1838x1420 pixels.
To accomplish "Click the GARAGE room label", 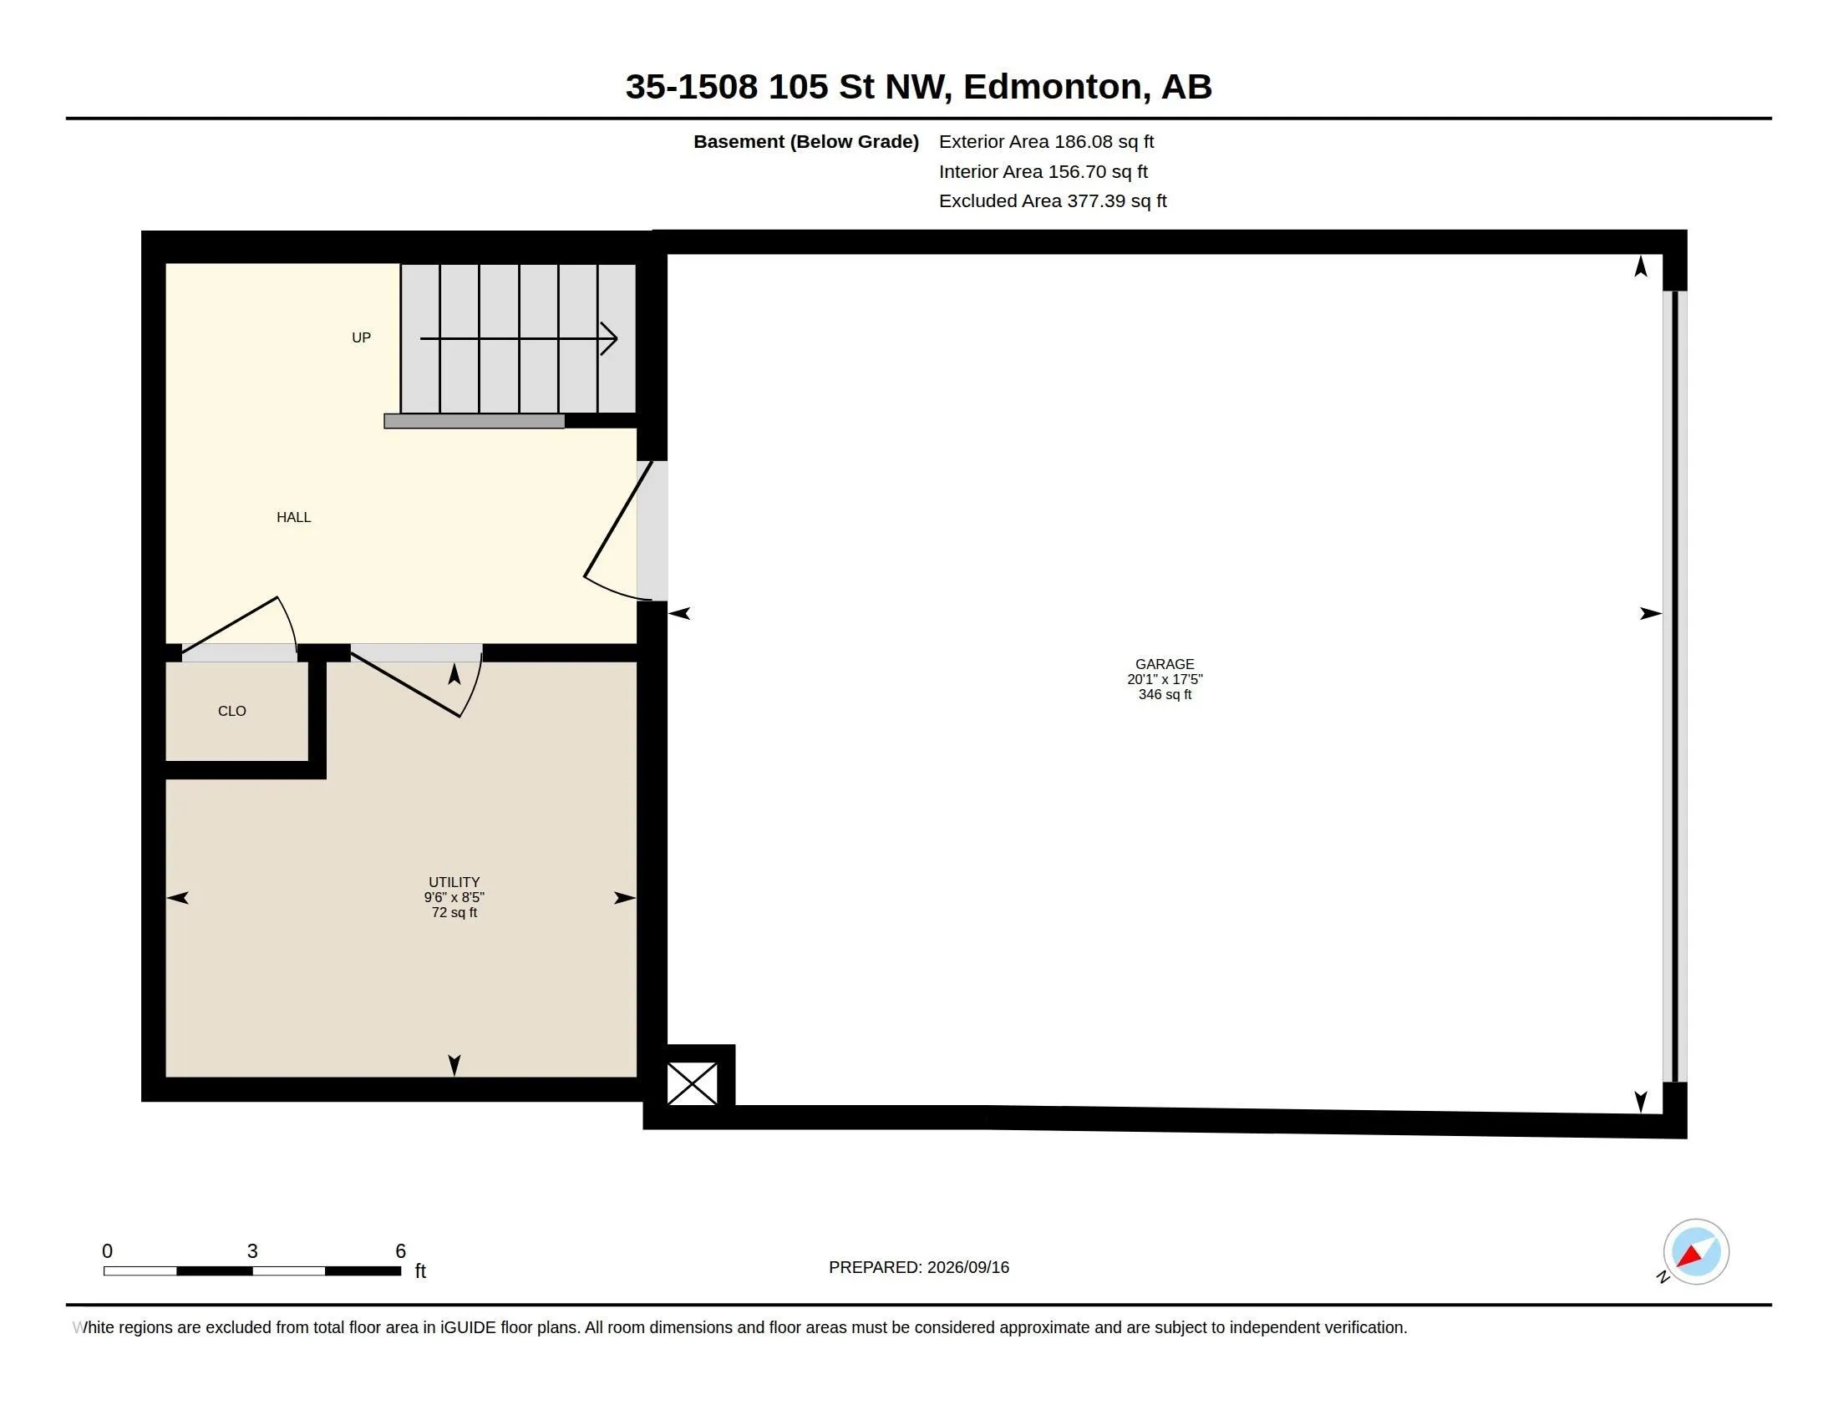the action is [x=1165, y=664].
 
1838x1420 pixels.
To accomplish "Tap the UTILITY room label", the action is [x=454, y=881].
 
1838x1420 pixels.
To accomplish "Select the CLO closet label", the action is [x=232, y=711].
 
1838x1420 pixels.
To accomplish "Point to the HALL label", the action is [x=294, y=517].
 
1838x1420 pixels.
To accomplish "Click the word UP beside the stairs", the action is [x=361, y=337].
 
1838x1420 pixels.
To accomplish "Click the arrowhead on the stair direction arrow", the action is [x=609, y=339].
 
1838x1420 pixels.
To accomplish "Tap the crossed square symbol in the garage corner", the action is [x=692, y=1083].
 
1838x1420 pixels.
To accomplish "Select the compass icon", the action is [x=1696, y=1252].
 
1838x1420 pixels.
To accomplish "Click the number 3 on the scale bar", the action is [x=252, y=1251].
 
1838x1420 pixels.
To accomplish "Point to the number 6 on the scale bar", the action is [x=400, y=1251].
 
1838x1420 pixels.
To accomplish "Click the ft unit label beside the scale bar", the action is [x=421, y=1271].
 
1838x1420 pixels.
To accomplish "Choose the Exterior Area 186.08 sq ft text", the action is [x=1046, y=141].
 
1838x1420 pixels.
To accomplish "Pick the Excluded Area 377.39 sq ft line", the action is [x=1053, y=201].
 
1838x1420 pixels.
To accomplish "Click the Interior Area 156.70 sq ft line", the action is [x=1043, y=171].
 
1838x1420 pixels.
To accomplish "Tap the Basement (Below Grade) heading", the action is [x=805, y=141].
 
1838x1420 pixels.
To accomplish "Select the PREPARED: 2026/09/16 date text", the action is [x=919, y=1267].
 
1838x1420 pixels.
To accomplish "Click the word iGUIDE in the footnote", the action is [x=468, y=1327].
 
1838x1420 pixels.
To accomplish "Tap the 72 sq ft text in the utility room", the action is [x=454, y=913].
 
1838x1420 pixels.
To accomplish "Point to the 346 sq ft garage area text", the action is [x=1165, y=695].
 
